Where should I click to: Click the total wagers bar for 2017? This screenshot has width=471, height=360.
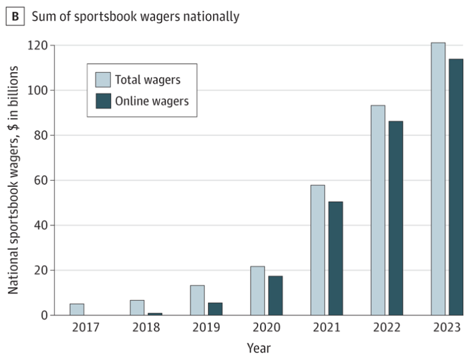point(76,310)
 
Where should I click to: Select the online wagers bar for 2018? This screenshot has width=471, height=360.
point(154,314)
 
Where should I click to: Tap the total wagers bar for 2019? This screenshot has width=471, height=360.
point(197,300)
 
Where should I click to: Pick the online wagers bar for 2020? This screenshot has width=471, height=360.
point(275,296)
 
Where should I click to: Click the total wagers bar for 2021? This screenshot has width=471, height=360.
point(317,250)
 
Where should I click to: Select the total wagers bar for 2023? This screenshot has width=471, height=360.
point(438,179)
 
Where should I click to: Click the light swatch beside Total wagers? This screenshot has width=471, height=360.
point(103,80)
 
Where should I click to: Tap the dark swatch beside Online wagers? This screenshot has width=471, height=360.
point(103,101)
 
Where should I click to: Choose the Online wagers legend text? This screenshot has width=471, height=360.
point(152,101)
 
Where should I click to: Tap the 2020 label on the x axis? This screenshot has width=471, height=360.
point(266,328)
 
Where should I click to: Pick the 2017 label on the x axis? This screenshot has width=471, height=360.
point(86,328)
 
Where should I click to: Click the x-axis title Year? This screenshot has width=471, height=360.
point(258,348)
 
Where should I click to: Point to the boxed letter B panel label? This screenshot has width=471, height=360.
point(15,16)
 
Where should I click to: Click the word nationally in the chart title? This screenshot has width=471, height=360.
point(209,16)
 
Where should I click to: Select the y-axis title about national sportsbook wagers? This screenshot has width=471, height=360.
point(14,179)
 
